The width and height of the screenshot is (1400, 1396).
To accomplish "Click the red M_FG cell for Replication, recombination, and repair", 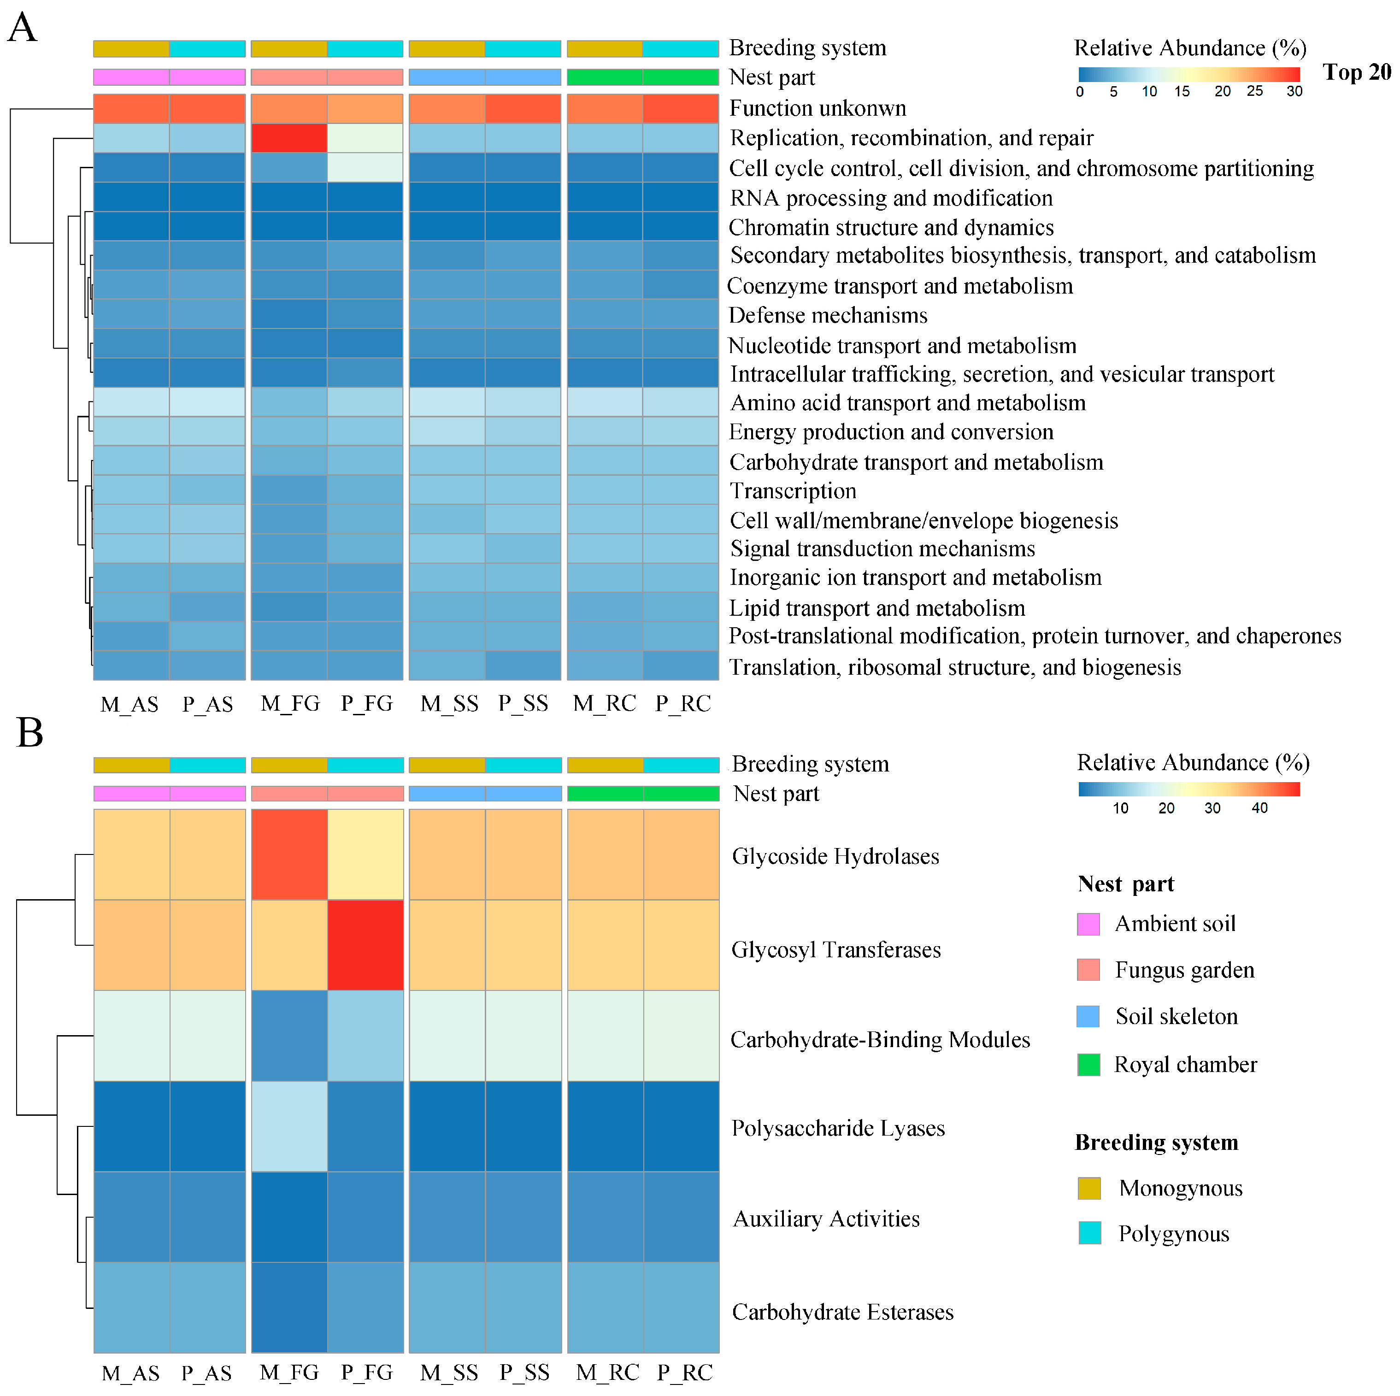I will [288, 138].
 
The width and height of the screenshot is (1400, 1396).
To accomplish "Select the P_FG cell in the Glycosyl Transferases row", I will [365, 944].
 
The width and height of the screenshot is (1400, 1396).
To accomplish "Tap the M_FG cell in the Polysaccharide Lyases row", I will [288, 1125].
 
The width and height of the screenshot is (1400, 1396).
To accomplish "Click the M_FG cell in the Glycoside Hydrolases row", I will [288, 854].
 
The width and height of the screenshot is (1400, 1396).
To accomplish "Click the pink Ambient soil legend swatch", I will [1088, 924].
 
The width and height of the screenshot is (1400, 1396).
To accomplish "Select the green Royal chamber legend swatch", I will [1088, 1065].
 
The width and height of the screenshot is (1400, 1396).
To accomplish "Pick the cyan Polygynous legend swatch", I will [1089, 1233].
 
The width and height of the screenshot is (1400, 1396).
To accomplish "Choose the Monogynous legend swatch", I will [1089, 1188].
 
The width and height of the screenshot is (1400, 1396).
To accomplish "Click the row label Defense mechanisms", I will [828, 315].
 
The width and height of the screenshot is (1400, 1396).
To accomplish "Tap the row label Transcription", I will [793, 491].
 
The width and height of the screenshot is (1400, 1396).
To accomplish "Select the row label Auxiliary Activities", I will [826, 1219].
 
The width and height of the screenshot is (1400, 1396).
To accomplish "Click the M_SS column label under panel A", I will [449, 704].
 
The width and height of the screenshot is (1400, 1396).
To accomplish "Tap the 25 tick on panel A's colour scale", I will [1254, 91].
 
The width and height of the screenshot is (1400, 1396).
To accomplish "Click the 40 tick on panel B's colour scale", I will [1259, 808].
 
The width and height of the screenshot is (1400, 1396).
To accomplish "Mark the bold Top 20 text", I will [1357, 72].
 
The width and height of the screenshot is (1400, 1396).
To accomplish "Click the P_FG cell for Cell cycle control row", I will [365, 167].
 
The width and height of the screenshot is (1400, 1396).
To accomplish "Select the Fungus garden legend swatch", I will [1088, 970].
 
